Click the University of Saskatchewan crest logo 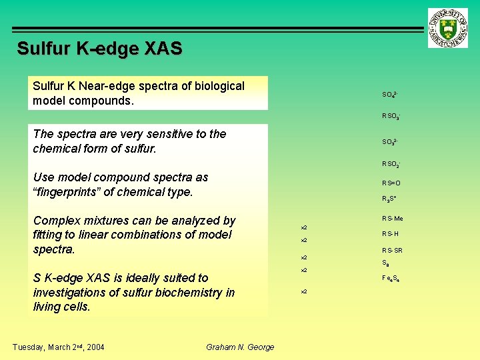[x=449, y=28]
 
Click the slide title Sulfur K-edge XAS [x=99, y=49]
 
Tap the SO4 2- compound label [x=390, y=95]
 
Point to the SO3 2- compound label [x=390, y=142]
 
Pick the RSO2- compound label [x=391, y=164]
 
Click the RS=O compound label [x=391, y=183]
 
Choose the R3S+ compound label [x=389, y=199]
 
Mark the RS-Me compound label [x=392, y=219]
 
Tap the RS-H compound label [x=390, y=234]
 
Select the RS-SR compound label [x=392, y=251]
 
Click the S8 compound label [x=385, y=263]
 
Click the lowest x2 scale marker [x=304, y=291]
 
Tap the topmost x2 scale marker [x=304, y=227]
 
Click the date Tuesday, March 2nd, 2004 [x=59, y=346]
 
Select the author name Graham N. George [x=240, y=347]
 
